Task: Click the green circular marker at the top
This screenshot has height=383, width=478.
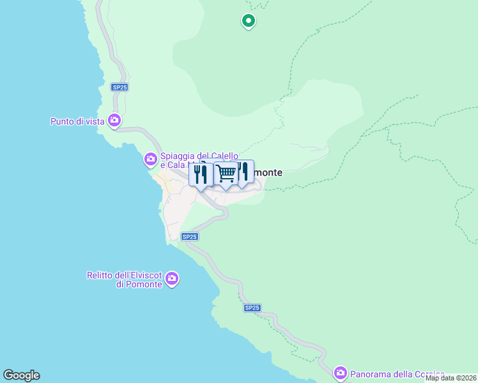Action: [249, 21]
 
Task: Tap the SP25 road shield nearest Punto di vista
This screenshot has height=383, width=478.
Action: [119, 87]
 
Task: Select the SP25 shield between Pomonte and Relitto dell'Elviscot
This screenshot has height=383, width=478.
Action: [189, 236]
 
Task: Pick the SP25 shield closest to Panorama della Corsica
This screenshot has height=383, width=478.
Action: [252, 308]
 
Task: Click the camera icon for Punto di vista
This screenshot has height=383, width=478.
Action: [114, 119]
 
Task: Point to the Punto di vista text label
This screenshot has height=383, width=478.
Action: [77, 121]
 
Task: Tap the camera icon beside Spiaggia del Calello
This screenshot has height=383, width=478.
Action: [151, 158]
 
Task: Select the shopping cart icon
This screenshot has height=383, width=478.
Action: [226, 173]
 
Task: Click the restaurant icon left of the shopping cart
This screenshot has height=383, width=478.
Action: [201, 174]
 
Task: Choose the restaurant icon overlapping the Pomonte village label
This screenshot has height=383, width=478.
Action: [243, 172]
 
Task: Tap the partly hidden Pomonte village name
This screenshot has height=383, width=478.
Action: [268, 172]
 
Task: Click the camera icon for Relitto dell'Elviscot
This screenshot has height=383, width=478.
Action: [172, 278]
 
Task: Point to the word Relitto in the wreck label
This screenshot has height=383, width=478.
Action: [100, 275]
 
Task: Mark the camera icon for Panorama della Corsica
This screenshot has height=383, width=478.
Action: [341, 372]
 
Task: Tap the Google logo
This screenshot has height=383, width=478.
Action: [21, 375]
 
